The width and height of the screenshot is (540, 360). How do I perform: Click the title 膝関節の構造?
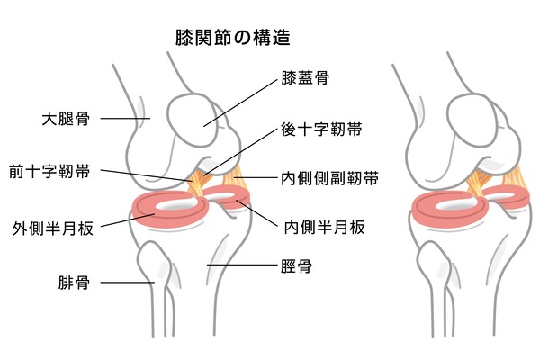click(233, 38)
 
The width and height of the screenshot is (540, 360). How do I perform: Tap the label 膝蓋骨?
click(305, 78)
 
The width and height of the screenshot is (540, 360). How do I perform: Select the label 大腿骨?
click(66, 119)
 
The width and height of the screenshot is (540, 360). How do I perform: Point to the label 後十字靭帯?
click(321, 130)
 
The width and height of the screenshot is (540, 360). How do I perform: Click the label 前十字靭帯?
click(49, 171)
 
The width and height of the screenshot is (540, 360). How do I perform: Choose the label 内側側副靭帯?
click(329, 178)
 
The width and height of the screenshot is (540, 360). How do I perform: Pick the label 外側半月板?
click(53, 228)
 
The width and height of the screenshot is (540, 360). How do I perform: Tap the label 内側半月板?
click(324, 228)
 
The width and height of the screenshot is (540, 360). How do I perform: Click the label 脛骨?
click(296, 266)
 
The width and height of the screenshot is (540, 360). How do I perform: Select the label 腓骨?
click(74, 283)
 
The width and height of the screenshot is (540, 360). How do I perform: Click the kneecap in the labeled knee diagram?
click(193, 120)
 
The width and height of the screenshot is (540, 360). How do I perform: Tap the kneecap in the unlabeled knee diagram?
click(472, 120)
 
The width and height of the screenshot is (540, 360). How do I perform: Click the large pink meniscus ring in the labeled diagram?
click(171, 210)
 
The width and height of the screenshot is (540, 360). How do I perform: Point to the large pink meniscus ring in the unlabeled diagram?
click(451, 210)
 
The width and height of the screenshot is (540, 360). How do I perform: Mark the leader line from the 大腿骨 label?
click(125, 119)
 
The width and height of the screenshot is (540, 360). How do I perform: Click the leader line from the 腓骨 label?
click(128, 283)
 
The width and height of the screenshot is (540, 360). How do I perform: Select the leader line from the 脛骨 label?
click(242, 265)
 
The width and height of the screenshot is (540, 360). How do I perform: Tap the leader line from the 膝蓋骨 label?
click(240, 103)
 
